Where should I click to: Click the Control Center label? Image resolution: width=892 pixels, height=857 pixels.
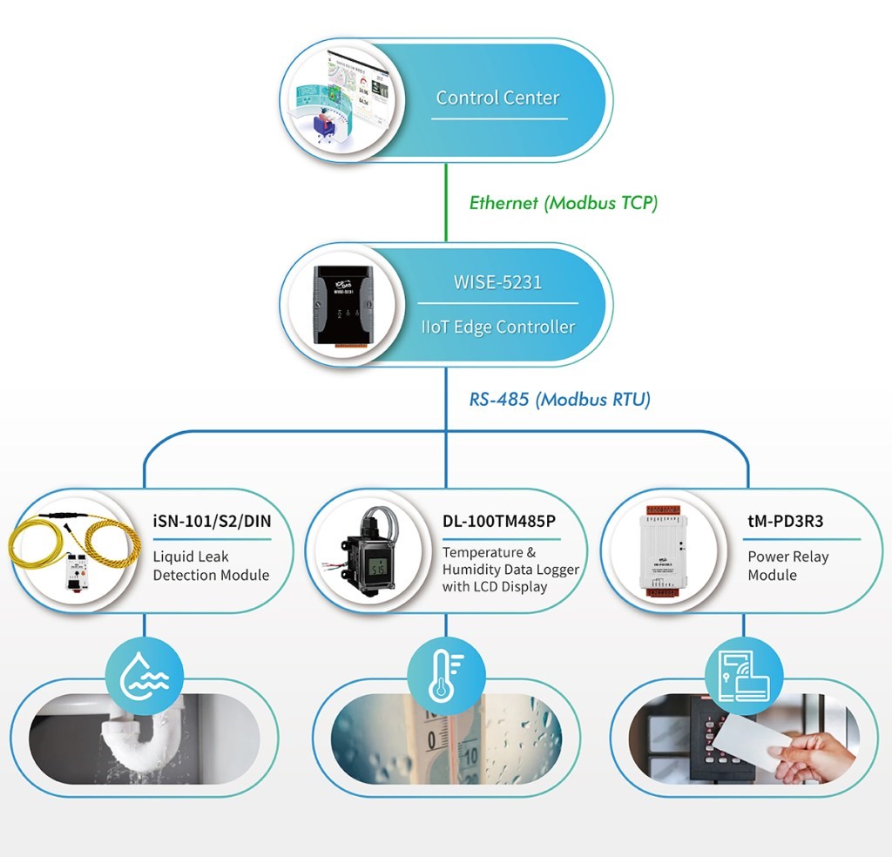click(x=497, y=98)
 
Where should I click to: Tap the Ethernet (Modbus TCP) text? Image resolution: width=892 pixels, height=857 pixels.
click(x=564, y=203)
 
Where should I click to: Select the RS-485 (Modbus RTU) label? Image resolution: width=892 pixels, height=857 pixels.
click(x=559, y=399)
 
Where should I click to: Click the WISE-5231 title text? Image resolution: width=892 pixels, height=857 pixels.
click(x=497, y=282)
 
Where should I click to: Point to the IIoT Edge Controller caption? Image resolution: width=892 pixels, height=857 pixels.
click(x=497, y=327)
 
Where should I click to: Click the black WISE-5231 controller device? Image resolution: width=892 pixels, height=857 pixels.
click(x=343, y=305)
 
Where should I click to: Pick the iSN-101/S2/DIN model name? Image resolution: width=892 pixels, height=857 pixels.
click(x=213, y=521)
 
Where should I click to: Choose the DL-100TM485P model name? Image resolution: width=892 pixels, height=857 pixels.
click(x=499, y=521)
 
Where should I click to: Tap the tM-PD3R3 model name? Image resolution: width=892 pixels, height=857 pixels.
click(x=785, y=521)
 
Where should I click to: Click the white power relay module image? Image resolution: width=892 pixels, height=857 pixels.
click(x=663, y=550)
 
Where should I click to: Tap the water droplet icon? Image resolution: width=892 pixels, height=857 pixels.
click(x=145, y=676)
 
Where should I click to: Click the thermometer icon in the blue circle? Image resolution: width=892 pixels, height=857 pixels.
click(x=446, y=676)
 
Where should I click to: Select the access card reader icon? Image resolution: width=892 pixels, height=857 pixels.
click(x=744, y=676)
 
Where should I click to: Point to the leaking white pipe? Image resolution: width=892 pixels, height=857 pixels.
click(x=142, y=731)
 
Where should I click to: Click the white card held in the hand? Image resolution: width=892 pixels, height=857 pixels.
click(x=752, y=739)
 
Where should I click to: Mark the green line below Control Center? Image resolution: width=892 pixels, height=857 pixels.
click(x=446, y=202)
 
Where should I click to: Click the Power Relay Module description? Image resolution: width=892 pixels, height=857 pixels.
click(x=787, y=565)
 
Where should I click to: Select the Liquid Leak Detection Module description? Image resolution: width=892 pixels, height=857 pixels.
click(x=211, y=565)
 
